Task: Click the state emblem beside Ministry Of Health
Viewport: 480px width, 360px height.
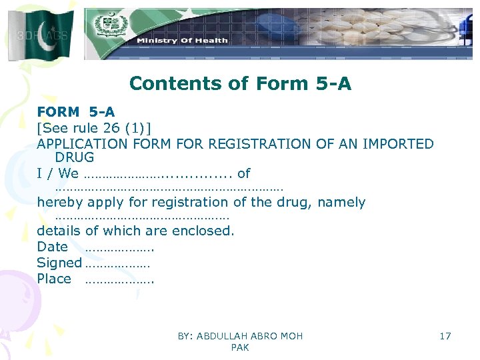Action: (x=106, y=26)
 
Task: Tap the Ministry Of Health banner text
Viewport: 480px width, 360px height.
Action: (x=182, y=40)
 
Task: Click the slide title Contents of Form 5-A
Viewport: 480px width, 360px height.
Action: (x=240, y=83)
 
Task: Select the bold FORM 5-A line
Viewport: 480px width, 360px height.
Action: (x=75, y=112)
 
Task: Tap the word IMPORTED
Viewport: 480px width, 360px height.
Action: (x=398, y=144)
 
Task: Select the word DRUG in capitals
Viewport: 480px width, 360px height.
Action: (x=75, y=158)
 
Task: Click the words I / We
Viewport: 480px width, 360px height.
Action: (x=57, y=174)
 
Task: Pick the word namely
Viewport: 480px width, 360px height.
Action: (x=341, y=202)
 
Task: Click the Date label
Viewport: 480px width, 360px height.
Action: (x=52, y=247)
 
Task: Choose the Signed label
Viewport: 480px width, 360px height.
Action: (x=59, y=263)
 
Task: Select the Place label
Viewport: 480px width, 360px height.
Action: (x=53, y=279)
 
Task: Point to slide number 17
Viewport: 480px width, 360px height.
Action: (x=445, y=336)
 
